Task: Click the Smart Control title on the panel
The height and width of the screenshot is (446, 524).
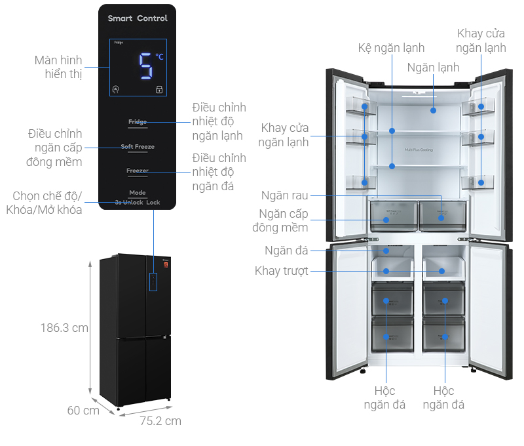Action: click(x=138, y=18)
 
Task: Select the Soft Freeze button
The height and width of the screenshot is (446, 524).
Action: click(x=138, y=147)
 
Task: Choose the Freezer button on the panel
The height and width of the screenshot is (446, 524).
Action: click(x=138, y=171)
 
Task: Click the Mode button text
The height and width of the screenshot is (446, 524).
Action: click(x=138, y=193)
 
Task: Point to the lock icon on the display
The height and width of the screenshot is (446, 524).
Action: click(x=159, y=90)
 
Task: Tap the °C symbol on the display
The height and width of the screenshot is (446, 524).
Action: click(x=159, y=58)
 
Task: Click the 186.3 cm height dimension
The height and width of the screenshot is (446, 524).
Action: click(x=63, y=328)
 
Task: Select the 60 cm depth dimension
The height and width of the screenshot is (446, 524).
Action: click(x=83, y=411)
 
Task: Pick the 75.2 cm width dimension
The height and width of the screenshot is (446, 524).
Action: click(x=160, y=421)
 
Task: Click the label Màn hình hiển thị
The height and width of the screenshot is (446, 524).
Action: click(x=59, y=67)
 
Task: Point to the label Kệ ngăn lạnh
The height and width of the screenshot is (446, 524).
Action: click(x=391, y=48)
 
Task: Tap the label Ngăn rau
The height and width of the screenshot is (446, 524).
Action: click(x=284, y=195)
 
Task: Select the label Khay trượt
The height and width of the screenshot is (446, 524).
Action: click(x=281, y=271)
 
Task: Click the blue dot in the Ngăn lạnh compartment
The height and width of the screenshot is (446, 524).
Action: click(x=433, y=110)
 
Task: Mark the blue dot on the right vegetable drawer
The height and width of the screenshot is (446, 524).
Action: click(x=441, y=218)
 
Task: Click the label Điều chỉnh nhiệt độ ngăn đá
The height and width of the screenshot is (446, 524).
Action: click(x=219, y=172)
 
